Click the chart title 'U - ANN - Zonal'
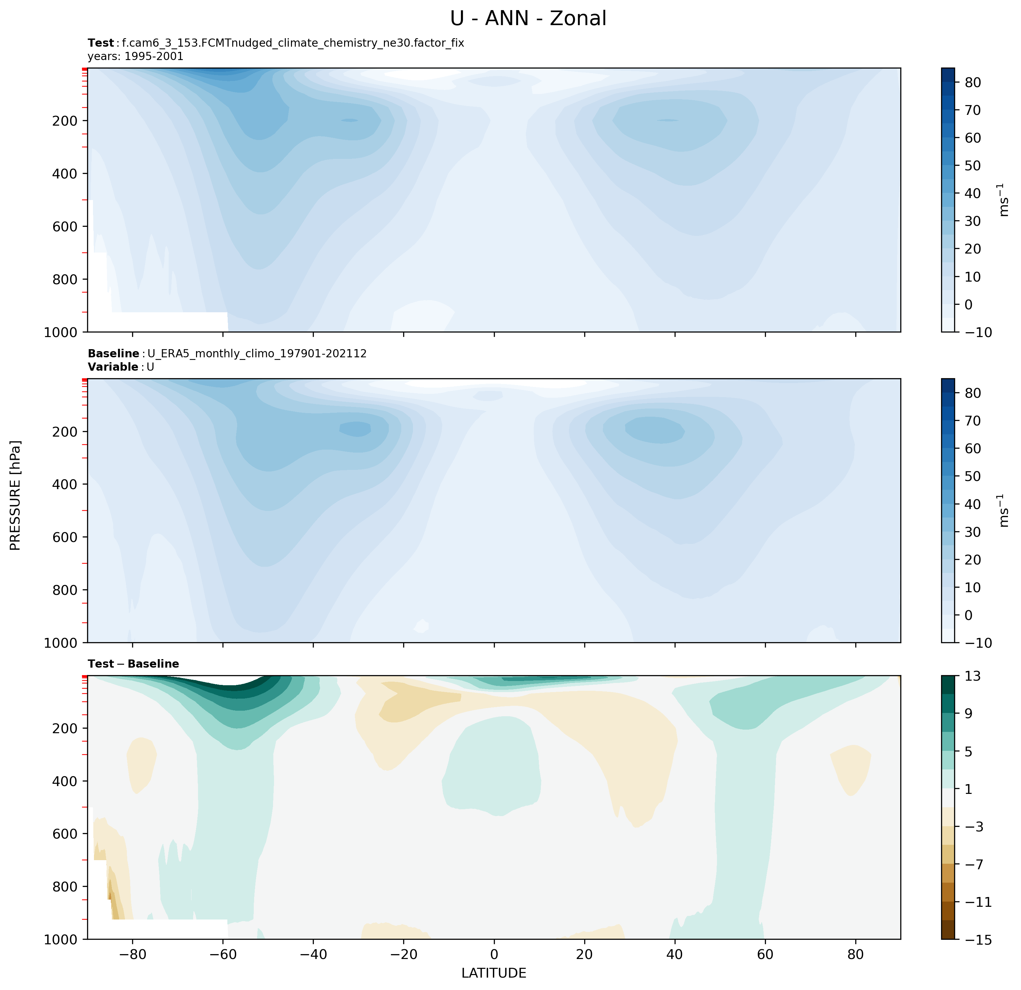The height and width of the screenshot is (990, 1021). point(528,19)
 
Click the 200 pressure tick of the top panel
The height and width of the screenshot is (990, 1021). point(66,121)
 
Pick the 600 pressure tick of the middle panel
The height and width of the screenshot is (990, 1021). point(66,537)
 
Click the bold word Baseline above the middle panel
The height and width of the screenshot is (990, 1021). point(113,354)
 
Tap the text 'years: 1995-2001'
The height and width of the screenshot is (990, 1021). point(135,56)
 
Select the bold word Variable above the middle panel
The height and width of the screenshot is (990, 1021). point(113,367)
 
